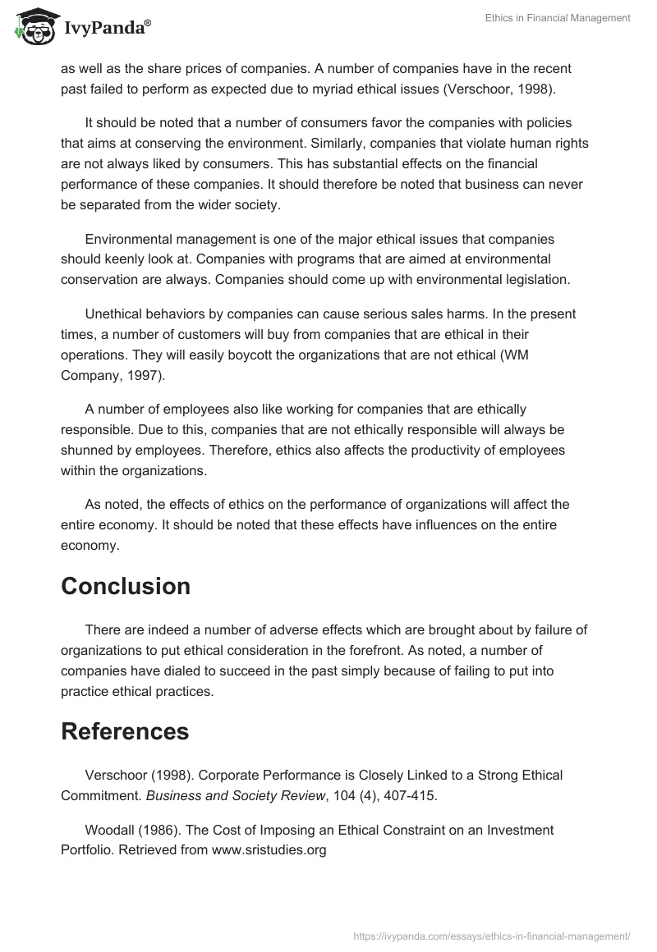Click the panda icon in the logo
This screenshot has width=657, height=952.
click(x=32, y=26)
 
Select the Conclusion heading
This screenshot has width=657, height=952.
click(x=126, y=586)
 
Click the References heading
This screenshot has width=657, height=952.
click(x=125, y=731)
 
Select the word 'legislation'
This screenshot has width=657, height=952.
click(x=535, y=280)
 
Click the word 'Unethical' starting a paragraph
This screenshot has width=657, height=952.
click(x=114, y=314)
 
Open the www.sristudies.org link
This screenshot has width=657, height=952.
click(x=269, y=851)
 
